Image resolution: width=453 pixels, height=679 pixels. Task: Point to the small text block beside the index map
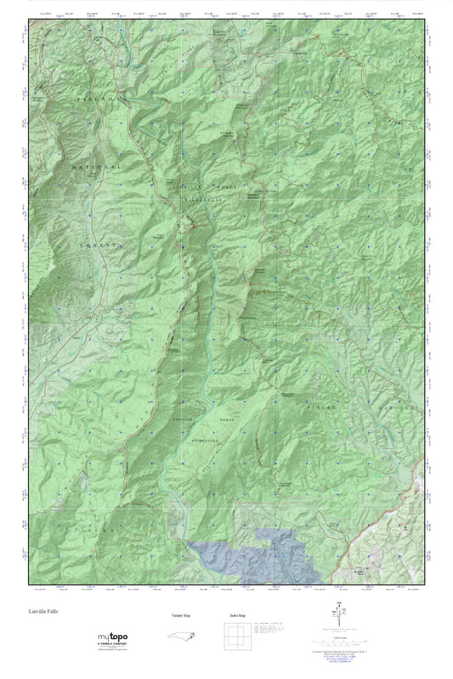[x=270, y=629]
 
